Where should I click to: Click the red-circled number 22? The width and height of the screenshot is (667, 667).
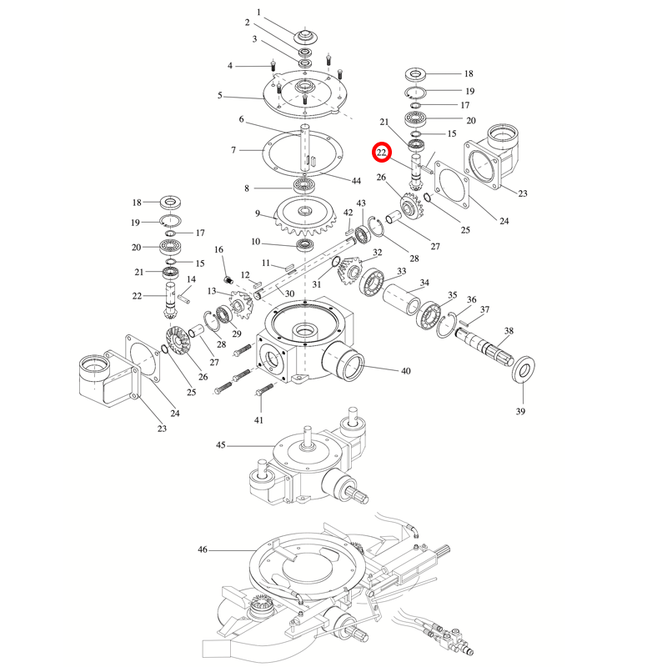point(381,153)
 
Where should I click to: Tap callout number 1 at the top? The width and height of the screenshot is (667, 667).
point(258,12)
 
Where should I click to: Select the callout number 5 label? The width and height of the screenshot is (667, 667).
point(220,96)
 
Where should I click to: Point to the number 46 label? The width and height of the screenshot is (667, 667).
point(203,550)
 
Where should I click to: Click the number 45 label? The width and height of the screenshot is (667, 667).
point(221,445)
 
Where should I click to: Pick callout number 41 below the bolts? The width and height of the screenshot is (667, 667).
point(258,419)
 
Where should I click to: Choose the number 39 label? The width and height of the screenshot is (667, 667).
point(521,411)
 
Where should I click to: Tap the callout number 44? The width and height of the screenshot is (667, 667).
point(356,181)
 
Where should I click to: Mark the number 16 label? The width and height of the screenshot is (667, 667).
point(219,249)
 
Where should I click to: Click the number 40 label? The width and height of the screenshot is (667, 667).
point(406,371)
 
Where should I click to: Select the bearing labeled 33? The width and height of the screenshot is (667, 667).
point(370,282)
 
